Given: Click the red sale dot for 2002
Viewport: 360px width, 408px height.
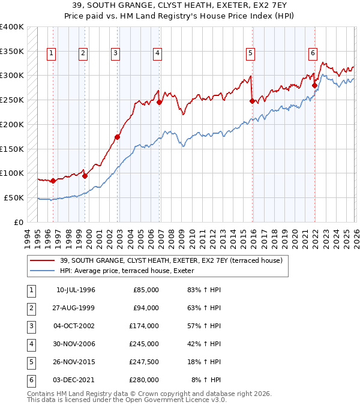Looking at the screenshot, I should point(118,137).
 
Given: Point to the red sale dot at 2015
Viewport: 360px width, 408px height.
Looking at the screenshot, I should point(252,101).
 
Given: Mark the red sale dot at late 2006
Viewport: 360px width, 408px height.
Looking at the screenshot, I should point(160,103).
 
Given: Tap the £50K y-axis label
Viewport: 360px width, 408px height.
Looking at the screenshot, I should point(13,197).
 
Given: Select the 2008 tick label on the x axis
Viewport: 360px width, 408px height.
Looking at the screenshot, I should point(172,238).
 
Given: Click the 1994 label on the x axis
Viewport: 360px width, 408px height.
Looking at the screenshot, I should point(28,238).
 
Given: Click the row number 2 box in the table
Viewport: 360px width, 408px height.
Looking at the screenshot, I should point(30,308).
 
